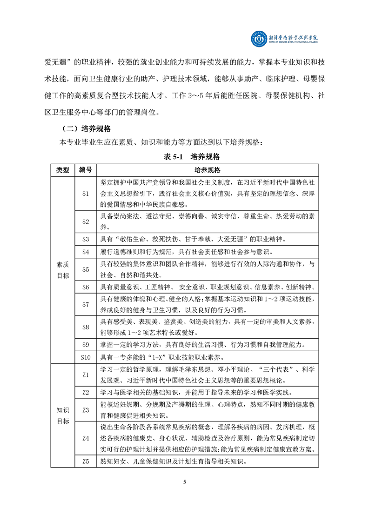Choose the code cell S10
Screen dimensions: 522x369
click(x=85, y=357)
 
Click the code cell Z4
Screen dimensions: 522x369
click(x=85, y=438)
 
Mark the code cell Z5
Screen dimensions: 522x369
click(x=85, y=462)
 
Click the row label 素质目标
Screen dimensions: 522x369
click(x=62, y=269)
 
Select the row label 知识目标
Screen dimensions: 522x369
click(x=62, y=415)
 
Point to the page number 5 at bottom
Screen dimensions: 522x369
click(x=185, y=482)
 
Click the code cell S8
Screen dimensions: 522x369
click(x=85, y=327)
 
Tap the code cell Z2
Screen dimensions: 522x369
click(x=85, y=392)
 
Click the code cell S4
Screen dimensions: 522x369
click(x=85, y=252)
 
